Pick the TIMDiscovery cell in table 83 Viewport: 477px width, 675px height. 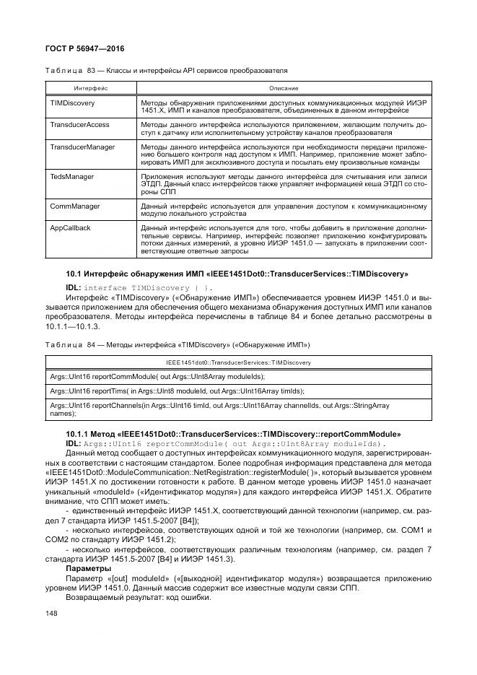tap(72, 104)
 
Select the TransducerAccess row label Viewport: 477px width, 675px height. tap(79, 125)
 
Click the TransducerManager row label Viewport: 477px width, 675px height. tap(82, 147)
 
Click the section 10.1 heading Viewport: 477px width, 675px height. tap(247, 274)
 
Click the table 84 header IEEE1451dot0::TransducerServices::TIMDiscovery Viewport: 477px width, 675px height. tap(238, 361)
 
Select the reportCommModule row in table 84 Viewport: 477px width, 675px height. tap(157, 376)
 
